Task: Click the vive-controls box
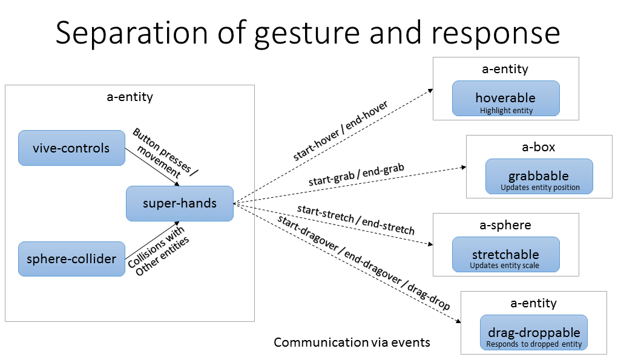71,148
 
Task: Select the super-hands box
179,203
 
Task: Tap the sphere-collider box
71,259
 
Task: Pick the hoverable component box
505,98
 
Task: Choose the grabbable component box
539,176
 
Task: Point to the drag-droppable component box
533,332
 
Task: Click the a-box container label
538,147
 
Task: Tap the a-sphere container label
505,225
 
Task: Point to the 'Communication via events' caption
352,342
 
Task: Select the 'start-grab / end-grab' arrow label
356,175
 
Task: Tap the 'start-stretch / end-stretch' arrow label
355,220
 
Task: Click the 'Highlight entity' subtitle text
506,111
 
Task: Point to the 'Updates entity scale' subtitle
505,266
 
